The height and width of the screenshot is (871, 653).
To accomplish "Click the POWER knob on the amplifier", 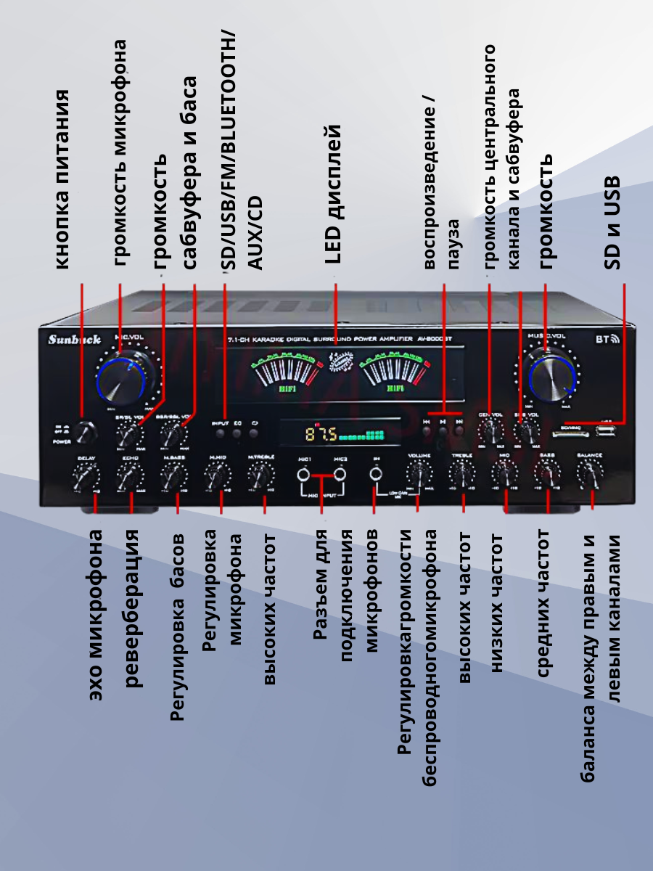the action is click(x=85, y=433).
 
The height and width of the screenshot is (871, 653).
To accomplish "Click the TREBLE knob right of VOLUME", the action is click(x=461, y=474).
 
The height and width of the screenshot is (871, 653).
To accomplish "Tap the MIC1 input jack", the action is click(x=304, y=475).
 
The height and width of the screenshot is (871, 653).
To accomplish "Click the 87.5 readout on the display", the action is click(x=320, y=435).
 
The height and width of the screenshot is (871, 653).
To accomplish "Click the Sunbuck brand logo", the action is click(x=74, y=339).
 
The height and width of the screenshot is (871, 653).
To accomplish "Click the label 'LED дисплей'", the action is click(x=333, y=193).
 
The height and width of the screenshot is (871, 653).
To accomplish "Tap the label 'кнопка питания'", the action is click(x=63, y=179).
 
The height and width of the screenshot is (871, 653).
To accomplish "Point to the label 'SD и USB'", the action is click(x=614, y=222).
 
